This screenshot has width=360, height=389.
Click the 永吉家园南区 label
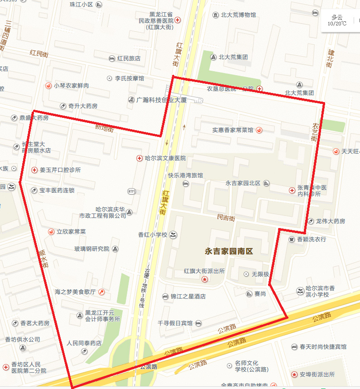(229, 251)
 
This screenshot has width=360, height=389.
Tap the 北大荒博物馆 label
(238, 15)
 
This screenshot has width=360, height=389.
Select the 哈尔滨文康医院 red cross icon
(139, 158)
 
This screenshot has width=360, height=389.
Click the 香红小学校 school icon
(173, 235)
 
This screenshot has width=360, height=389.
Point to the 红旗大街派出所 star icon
(205, 279)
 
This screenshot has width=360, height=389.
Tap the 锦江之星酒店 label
(188, 297)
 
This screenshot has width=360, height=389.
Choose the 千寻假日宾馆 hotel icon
(198, 323)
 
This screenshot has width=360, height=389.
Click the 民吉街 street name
(226, 218)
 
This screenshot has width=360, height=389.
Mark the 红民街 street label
(39, 53)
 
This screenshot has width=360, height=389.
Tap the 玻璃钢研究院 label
(92, 249)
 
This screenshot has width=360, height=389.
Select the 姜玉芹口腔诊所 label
(60, 170)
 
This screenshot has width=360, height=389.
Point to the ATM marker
(132, 191)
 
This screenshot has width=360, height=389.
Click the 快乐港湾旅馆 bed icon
(185, 184)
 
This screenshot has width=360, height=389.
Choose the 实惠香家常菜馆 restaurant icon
(259, 130)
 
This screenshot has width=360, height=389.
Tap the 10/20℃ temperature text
(337, 24)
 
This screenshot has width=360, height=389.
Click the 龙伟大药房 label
(330, 221)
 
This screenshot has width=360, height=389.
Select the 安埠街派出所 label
(317, 374)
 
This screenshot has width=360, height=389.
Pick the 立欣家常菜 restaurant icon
(51, 232)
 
